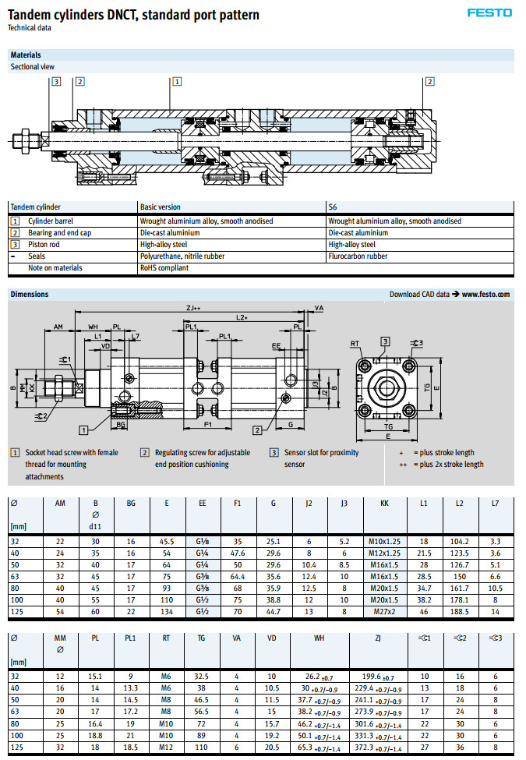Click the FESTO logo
489,12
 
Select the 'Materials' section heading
26,55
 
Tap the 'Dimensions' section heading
30,295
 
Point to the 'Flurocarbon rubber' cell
358,256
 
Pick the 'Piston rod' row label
44,244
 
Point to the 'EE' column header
203,504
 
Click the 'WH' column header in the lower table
319,638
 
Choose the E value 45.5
167,540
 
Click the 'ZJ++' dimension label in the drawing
193,309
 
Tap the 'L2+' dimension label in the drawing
242,318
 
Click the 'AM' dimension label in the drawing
58,327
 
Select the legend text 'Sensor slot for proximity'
321,452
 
